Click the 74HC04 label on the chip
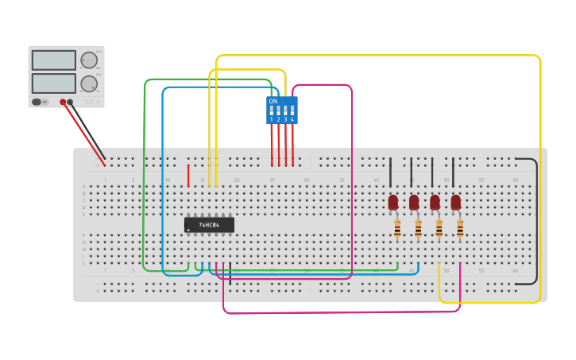coord(210,224)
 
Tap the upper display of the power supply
coord(53,60)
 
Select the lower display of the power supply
coord(53,83)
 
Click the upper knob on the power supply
coord(89,60)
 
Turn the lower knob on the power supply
coord(89,83)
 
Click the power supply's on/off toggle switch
coord(37,102)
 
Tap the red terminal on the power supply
coord(63,102)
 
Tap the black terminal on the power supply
coord(71,102)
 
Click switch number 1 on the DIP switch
coord(271,111)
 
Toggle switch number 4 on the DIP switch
coord(292,111)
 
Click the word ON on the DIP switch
coord(273,101)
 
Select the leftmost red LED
coord(392,202)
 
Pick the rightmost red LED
coord(455,202)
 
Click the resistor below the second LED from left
coord(418,229)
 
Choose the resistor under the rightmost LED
coord(460,229)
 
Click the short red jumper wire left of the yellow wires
coord(188,175)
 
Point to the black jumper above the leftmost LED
coord(390,172)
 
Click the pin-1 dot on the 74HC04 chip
coord(188,230)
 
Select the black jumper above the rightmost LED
coord(453,172)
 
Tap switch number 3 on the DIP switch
coord(285,111)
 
